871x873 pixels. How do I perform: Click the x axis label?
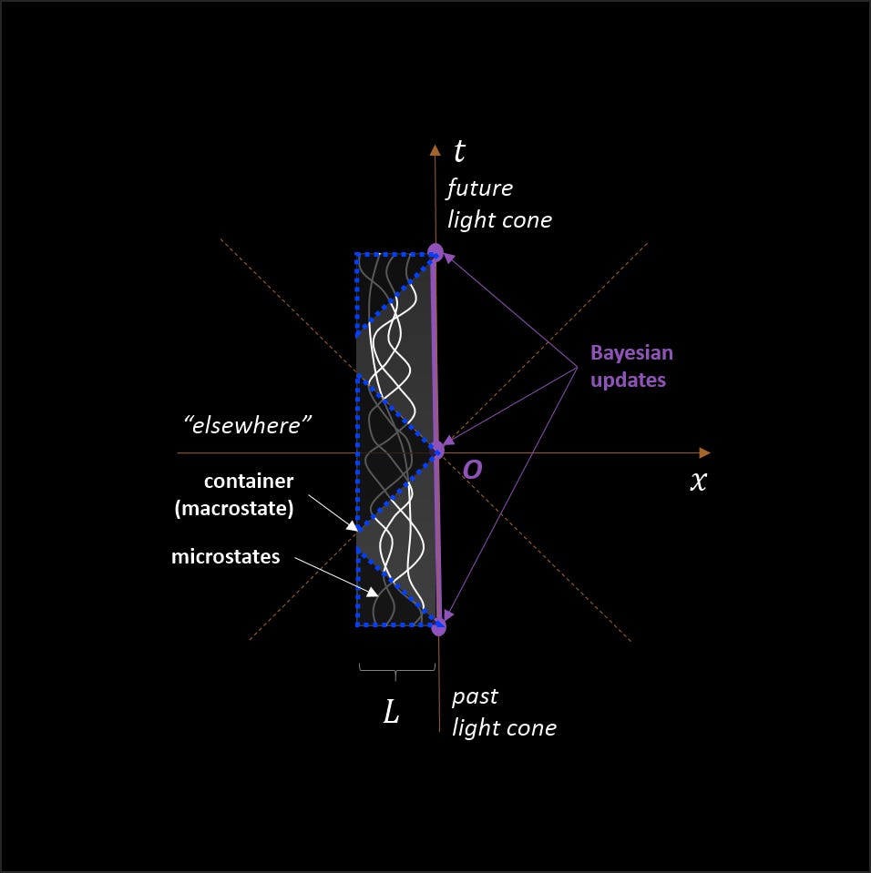click(x=698, y=482)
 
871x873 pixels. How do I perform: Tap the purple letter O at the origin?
click(x=473, y=469)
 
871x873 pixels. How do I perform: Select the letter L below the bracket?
click(x=391, y=713)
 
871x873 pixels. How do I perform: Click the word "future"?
click(x=479, y=188)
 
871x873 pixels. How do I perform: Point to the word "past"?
click(x=475, y=696)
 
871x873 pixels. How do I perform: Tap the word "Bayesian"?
click(x=631, y=353)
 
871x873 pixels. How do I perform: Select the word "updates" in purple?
click(x=628, y=380)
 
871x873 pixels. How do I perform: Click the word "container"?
click(x=248, y=482)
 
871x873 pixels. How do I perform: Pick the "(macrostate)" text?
click(x=234, y=509)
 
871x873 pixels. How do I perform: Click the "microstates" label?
click(x=225, y=556)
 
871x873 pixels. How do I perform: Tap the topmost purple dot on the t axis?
click(x=435, y=252)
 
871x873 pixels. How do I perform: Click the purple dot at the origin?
click(x=437, y=448)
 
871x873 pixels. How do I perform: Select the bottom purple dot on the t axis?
click(x=438, y=625)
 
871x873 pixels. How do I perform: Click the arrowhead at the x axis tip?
click(x=704, y=452)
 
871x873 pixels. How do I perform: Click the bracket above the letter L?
click(x=395, y=671)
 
